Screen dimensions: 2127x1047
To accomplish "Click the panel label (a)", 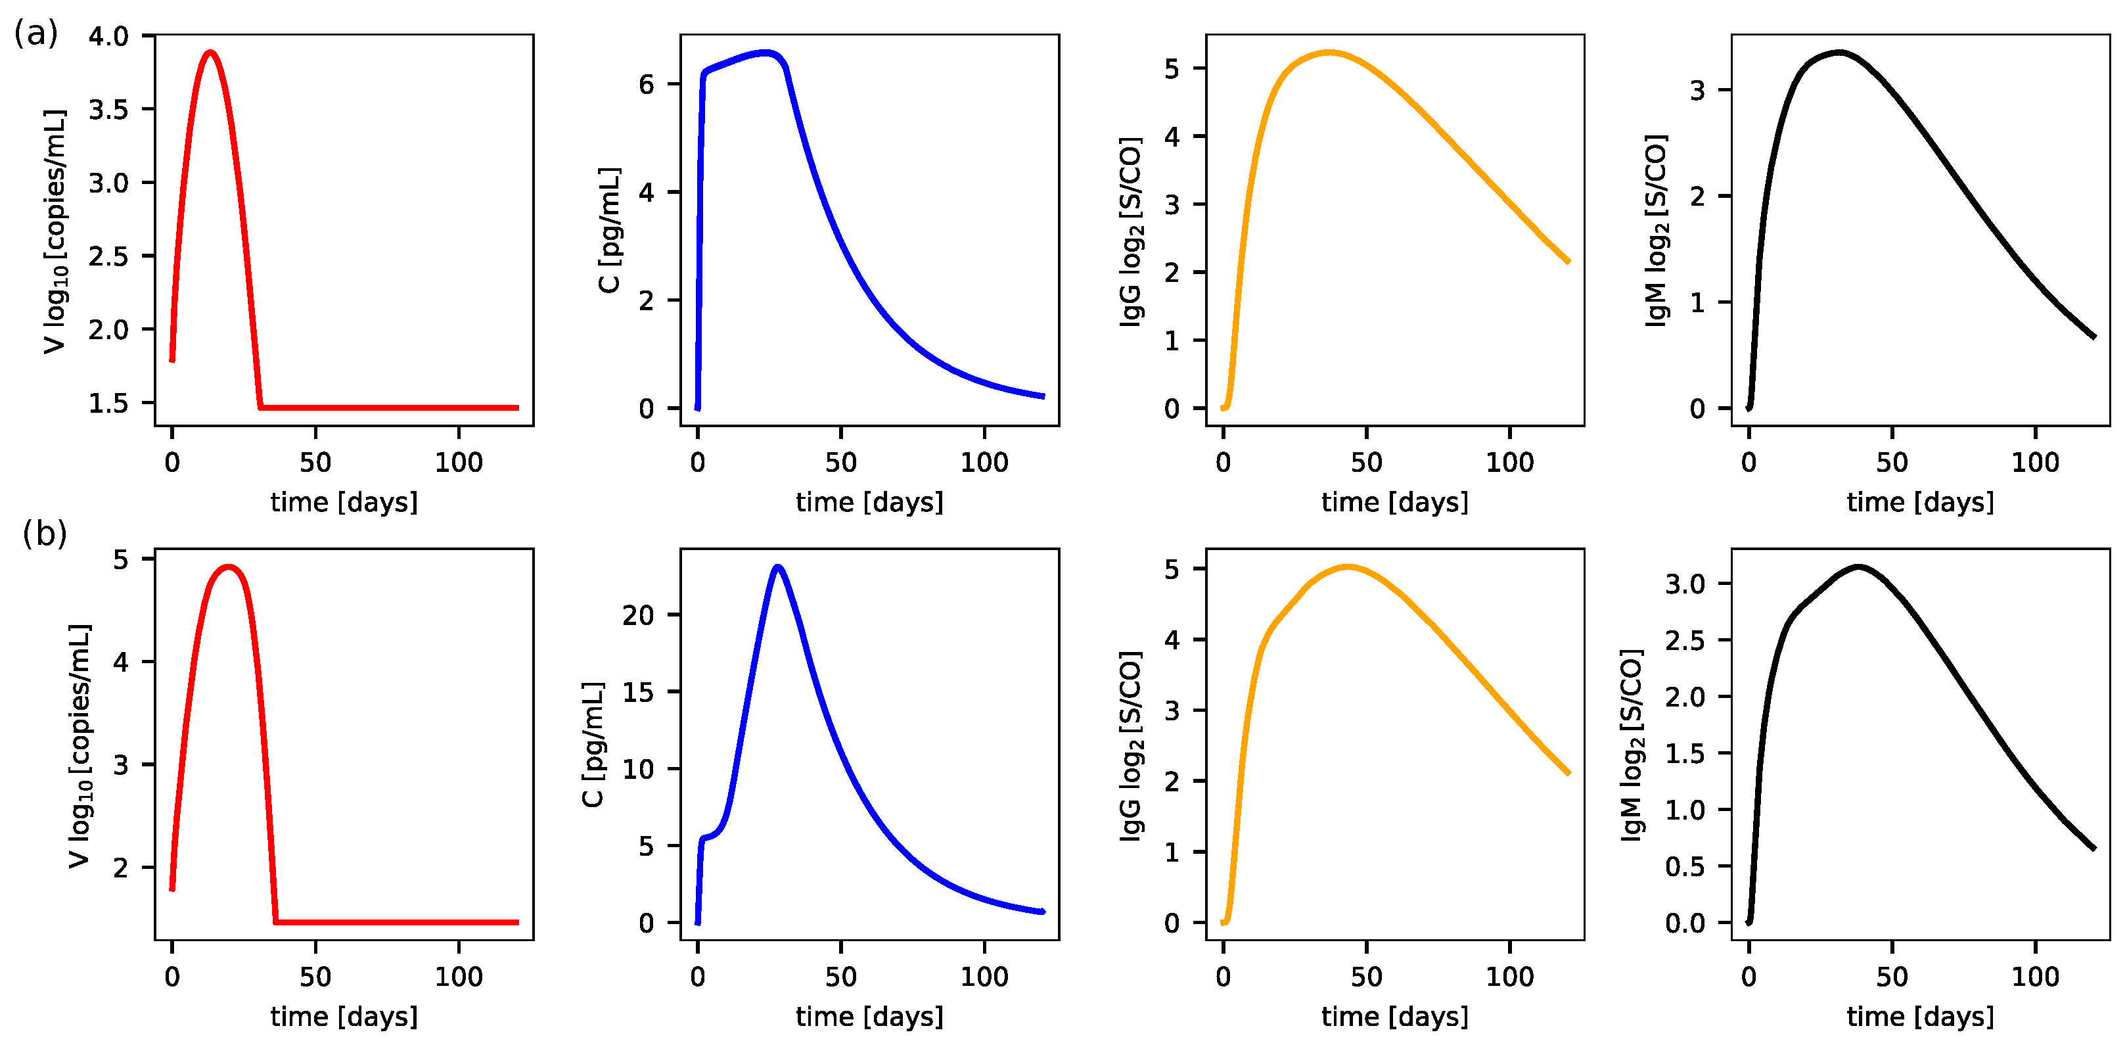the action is coord(35,34).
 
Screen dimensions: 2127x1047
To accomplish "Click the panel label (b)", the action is coord(45,534).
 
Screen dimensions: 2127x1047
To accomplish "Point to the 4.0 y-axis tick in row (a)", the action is coord(109,36).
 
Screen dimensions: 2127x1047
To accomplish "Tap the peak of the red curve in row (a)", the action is coord(210,53).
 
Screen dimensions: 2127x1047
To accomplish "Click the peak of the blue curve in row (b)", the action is coord(778,567).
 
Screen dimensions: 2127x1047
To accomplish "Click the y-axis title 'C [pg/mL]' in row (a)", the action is coord(608,231).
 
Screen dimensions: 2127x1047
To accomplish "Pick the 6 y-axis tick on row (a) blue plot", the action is coord(647,84).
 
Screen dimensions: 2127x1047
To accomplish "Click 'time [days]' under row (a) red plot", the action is coord(344,502).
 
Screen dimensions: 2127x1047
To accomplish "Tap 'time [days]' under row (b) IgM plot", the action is coord(1921,1017).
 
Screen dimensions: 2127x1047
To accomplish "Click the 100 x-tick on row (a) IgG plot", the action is coord(1510,463).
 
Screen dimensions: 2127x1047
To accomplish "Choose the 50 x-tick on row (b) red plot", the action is coord(315,977).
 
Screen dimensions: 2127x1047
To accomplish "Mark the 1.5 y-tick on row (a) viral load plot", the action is coord(109,403).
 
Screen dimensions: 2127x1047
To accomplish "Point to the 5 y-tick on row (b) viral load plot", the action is coord(122,559).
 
